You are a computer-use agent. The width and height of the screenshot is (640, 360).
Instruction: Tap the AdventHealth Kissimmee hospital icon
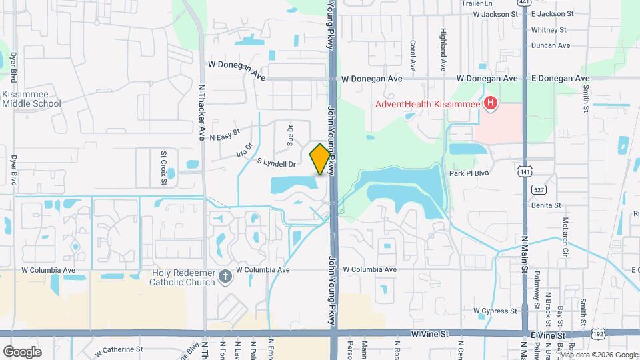point(491,103)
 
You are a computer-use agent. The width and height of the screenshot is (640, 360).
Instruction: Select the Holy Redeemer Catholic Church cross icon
point(225,276)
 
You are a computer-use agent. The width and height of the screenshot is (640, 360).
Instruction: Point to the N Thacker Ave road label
point(202,111)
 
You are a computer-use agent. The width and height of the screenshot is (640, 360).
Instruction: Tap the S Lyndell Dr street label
point(276,163)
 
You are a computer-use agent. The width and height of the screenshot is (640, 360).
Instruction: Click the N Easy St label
point(224,137)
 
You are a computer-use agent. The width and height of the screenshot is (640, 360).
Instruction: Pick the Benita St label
point(547,206)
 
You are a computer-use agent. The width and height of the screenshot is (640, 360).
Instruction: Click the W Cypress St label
point(495,311)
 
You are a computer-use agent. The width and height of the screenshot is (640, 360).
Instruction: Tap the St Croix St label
point(163,163)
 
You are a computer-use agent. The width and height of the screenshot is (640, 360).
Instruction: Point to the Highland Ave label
point(443,51)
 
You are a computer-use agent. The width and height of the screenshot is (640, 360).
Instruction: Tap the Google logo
point(22,351)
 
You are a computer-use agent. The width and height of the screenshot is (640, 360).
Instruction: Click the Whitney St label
point(549,30)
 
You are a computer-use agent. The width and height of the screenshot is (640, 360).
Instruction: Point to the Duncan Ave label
point(551,45)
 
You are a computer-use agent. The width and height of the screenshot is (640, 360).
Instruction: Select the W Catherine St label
point(119,349)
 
